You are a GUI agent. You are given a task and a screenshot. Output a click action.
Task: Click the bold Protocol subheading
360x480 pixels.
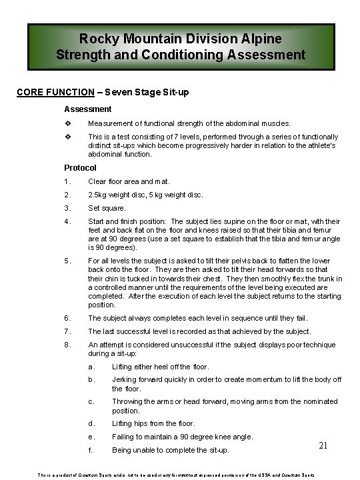click(80, 167)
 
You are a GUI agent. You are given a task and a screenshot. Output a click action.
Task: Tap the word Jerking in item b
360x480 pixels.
click(125, 379)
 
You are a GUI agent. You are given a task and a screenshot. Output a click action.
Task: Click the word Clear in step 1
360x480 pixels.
click(99, 181)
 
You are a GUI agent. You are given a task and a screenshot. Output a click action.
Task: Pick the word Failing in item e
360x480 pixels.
click(125, 437)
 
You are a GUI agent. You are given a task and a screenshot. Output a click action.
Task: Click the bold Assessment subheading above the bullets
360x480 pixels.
click(87, 108)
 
